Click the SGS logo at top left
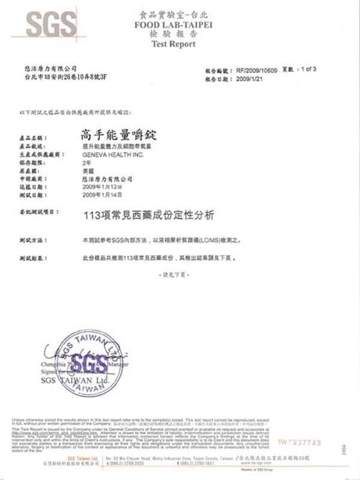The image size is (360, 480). point(50,25)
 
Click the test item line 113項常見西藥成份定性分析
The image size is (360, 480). point(146,213)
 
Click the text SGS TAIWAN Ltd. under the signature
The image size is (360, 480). point(71,381)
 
